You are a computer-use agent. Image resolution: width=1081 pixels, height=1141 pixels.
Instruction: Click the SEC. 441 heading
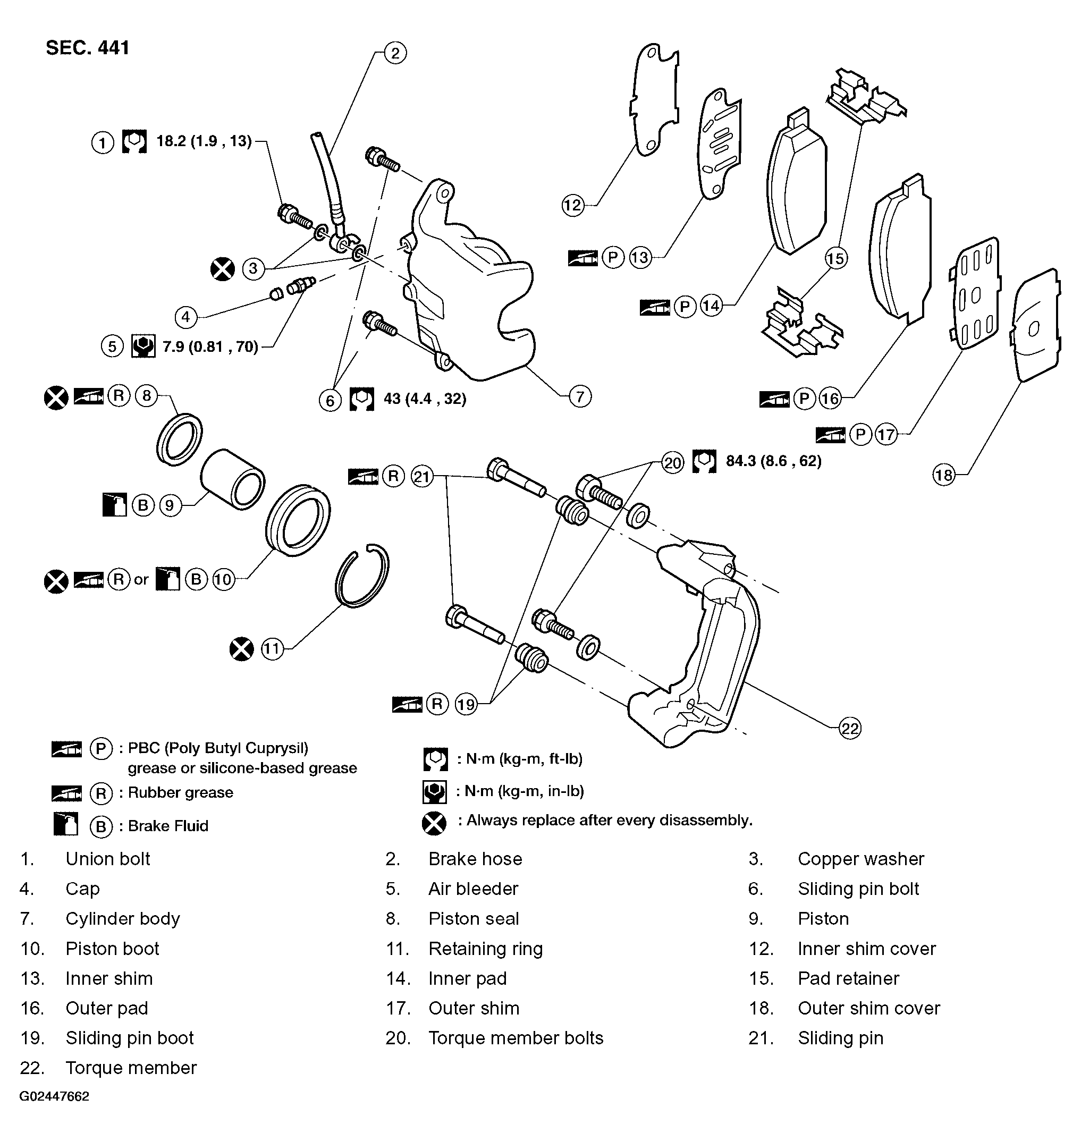88,47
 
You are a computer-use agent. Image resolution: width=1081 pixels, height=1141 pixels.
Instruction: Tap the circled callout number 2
395,53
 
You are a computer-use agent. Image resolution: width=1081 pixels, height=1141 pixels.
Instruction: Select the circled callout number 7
580,396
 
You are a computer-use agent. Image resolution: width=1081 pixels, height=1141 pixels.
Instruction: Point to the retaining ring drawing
362,576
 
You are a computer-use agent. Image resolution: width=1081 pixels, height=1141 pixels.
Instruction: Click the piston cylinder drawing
233,478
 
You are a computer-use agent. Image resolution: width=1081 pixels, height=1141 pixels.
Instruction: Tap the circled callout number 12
573,205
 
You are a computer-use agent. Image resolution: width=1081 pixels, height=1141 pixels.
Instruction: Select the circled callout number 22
850,729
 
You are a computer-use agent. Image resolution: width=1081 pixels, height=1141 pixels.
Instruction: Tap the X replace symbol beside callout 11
241,649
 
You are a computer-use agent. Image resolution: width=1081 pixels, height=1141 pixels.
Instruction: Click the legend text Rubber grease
180,792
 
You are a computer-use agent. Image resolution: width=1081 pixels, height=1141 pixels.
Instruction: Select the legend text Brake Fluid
168,826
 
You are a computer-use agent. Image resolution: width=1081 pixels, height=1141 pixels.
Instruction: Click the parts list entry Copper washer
860,859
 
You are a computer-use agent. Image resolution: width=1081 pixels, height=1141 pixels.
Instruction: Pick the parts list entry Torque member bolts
516,1038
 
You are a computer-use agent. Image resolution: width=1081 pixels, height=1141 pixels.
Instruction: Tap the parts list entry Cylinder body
123,918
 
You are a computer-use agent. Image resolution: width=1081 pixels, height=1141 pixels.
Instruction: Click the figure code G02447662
54,1096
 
